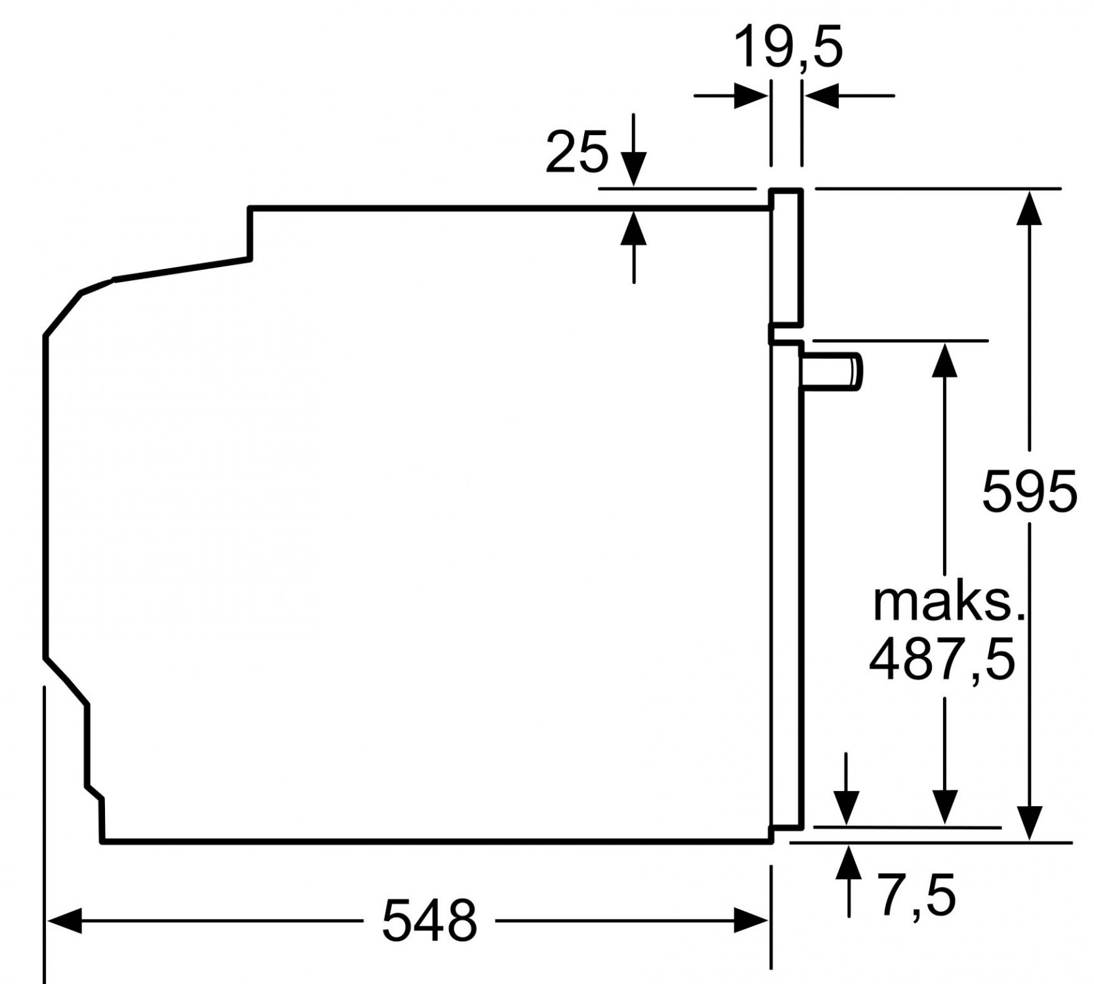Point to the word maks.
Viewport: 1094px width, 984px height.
point(948,603)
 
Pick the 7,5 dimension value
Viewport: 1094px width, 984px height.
point(917,894)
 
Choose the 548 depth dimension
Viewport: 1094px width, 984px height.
point(429,920)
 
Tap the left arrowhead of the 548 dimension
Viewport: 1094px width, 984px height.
point(64,920)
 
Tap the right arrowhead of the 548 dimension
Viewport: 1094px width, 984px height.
point(751,920)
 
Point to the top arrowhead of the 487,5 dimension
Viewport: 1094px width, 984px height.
point(944,359)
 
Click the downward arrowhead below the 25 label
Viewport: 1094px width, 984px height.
point(633,170)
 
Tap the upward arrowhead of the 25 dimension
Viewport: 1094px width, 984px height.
point(633,228)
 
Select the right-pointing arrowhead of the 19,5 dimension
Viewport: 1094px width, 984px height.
point(751,96)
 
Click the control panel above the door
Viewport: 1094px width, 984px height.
point(786,257)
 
